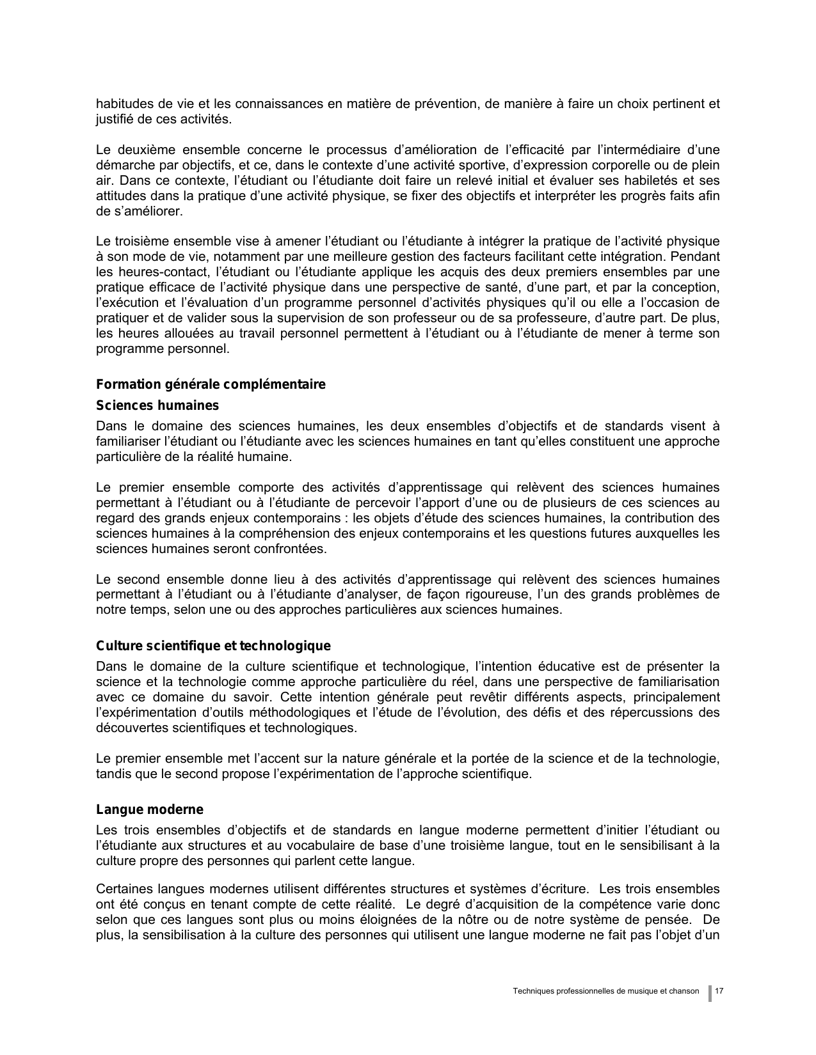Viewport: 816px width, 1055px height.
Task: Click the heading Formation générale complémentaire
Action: [x=211, y=384]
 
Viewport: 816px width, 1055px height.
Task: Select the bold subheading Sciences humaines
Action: [x=157, y=405]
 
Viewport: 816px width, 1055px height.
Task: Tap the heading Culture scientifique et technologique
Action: [x=213, y=646]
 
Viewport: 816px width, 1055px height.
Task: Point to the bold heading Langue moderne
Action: [x=150, y=809]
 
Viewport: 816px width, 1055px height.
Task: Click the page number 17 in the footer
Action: [x=719, y=991]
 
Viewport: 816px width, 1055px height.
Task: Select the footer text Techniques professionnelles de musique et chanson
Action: [x=606, y=991]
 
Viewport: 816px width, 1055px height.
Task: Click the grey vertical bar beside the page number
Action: [x=710, y=992]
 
